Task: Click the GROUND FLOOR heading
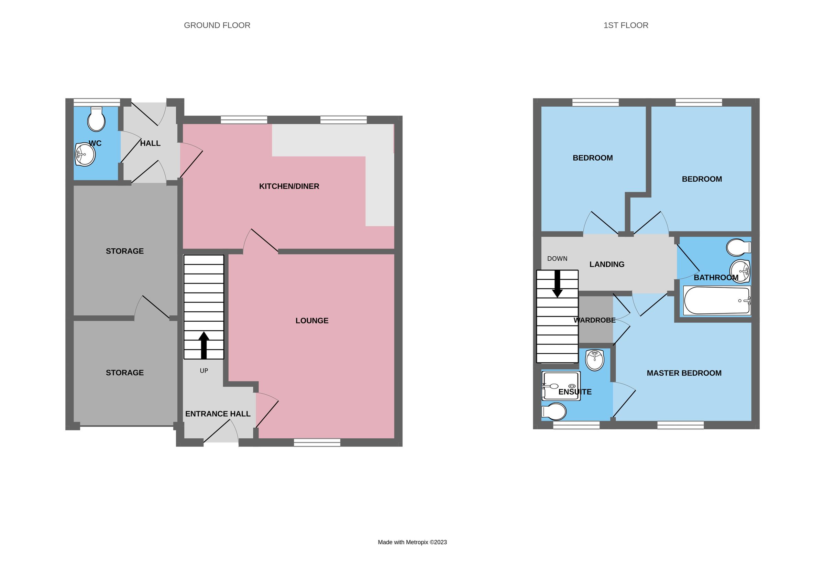[x=217, y=25]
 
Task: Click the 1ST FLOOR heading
[x=626, y=25]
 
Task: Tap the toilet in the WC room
[x=96, y=120]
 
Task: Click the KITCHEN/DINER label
[x=289, y=186]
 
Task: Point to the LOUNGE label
[x=311, y=320]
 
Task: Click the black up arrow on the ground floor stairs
[x=204, y=345]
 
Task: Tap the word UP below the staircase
[x=204, y=371]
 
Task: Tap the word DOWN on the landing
[x=557, y=258]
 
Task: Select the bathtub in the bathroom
[x=717, y=301]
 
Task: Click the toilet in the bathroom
[x=738, y=247]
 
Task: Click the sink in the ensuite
[x=594, y=360]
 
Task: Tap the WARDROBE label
[x=594, y=320]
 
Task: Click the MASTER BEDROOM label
[x=684, y=373]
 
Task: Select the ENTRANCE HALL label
[x=218, y=414]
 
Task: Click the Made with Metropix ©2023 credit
[x=412, y=542]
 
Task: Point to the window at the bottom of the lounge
[x=317, y=442]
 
